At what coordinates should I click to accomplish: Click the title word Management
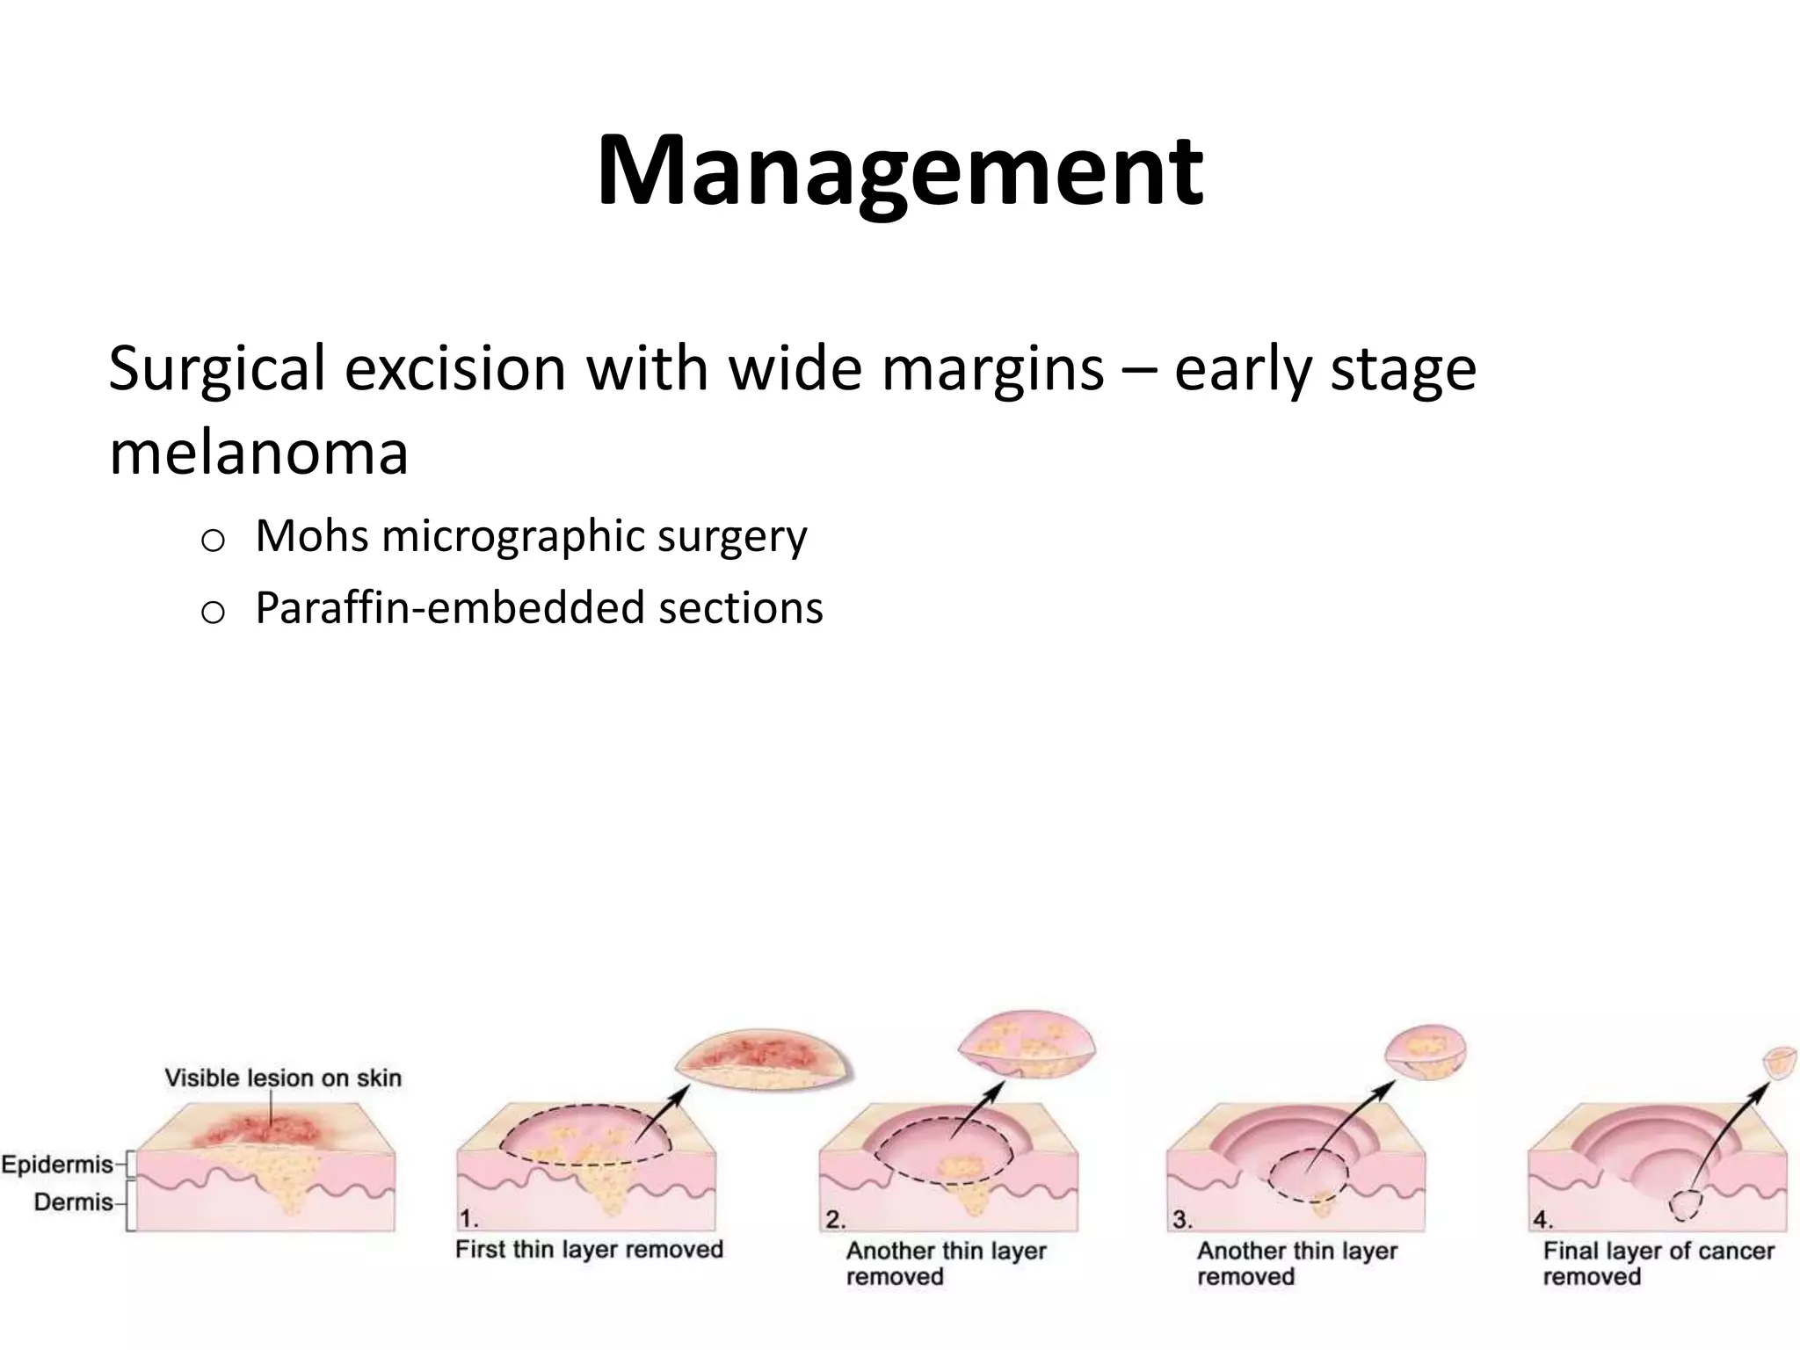point(899,171)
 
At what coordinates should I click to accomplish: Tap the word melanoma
point(258,454)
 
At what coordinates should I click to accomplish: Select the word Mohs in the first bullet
point(311,535)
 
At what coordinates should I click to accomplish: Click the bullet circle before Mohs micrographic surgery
point(213,541)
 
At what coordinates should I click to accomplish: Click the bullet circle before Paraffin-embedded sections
point(213,613)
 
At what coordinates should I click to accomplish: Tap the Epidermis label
point(58,1165)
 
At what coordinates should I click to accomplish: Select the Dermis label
point(73,1201)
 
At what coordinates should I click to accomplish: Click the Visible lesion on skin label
point(283,1078)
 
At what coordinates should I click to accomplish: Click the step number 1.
point(469,1219)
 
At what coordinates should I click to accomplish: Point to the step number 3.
point(1182,1219)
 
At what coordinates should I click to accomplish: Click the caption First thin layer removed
point(589,1249)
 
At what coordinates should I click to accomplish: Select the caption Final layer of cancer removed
point(1658,1262)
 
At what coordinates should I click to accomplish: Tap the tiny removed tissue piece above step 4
point(1780,1063)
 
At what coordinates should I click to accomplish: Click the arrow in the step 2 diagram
point(977,1111)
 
